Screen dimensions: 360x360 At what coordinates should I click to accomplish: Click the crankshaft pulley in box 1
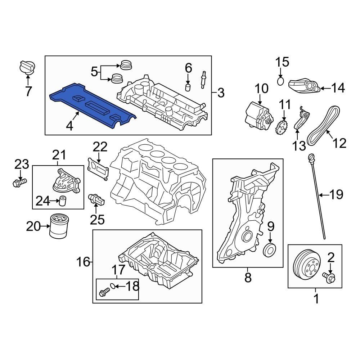(307, 266)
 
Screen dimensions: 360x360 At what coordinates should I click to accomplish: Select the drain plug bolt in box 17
(103, 292)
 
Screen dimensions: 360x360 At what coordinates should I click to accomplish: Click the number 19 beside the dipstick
(337, 195)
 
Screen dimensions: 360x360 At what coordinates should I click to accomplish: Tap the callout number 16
(83, 262)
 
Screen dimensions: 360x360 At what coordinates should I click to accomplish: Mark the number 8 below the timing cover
(248, 278)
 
